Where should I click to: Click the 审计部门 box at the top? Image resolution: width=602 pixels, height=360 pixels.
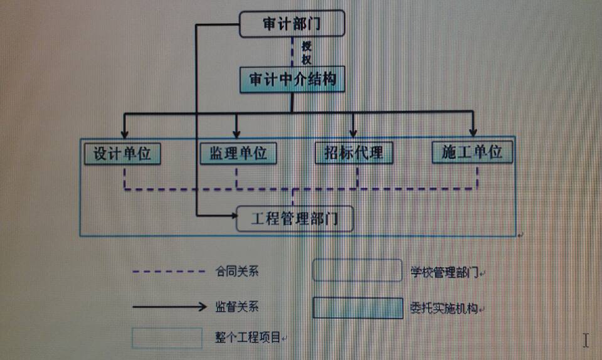292,24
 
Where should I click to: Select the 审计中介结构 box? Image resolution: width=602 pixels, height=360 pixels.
292,80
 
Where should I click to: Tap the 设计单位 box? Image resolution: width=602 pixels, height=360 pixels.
123,153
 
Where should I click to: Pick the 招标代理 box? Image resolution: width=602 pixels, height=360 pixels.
354,153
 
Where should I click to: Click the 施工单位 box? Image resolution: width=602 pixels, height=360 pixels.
472,152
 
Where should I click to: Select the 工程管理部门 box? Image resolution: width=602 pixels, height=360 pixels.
295,219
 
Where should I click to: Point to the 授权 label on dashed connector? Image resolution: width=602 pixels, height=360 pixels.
306,53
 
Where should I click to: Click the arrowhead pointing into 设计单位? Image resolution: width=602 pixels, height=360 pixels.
124,134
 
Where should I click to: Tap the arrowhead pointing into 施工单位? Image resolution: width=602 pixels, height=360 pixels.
473,132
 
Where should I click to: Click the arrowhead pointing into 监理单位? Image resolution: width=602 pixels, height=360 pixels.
236,134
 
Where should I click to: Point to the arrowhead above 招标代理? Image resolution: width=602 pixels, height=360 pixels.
353,133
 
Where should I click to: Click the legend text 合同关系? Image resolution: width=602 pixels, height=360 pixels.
236,272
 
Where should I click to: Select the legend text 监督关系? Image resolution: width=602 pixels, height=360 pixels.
236,307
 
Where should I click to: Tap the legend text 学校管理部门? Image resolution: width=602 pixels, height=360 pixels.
445,272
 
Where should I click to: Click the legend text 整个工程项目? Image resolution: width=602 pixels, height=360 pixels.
247,338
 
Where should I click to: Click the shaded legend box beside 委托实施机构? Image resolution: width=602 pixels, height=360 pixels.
358,308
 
